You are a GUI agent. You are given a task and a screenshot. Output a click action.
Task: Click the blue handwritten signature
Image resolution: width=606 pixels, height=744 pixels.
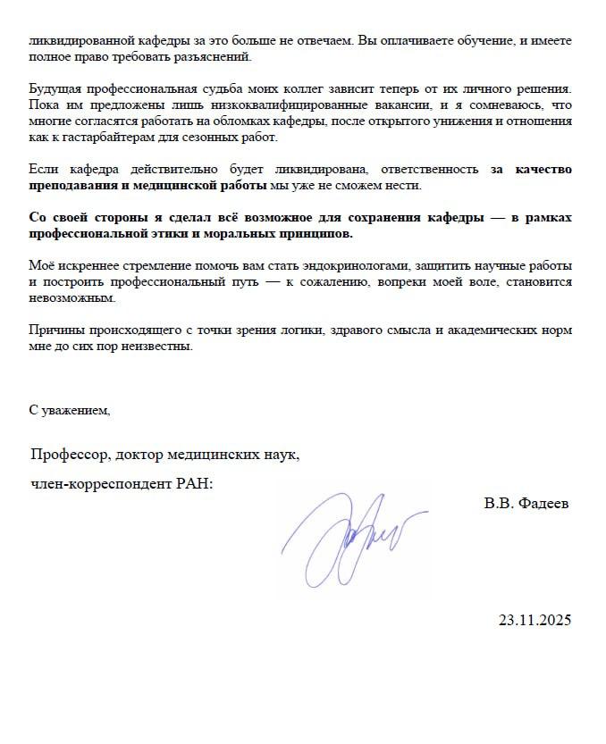click(x=349, y=540)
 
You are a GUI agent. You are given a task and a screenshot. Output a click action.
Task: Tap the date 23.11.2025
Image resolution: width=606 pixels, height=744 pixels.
click(x=534, y=620)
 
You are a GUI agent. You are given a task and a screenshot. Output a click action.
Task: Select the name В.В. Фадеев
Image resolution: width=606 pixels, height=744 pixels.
click(x=526, y=503)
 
